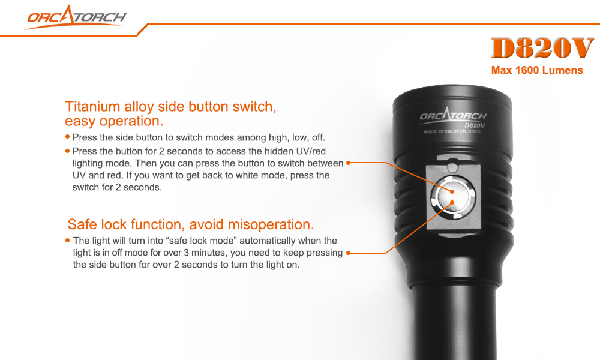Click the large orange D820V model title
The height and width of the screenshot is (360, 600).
pos(542,49)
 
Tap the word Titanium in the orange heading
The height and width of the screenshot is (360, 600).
pos(91,107)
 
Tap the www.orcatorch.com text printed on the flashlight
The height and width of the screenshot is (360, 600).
pos(452,131)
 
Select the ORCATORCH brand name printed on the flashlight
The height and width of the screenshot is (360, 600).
pos(453,116)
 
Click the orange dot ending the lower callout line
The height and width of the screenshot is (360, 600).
pos(349,253)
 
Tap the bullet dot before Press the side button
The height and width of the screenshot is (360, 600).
pos(68,137)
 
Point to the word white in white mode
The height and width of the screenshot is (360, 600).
pos(257,175)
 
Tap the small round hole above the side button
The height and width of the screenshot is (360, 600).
pos(454,166)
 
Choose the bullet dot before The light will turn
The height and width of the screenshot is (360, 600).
pos(68,241)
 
